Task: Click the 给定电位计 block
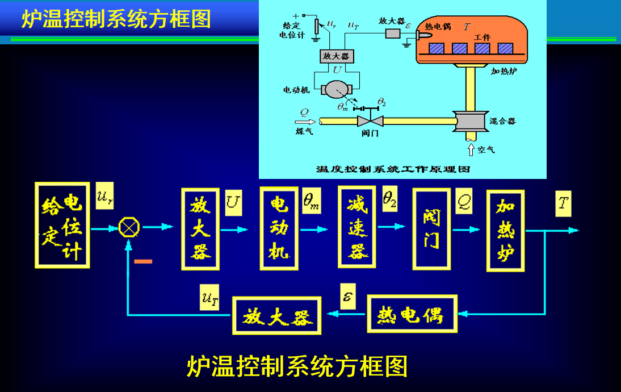pos(62,225)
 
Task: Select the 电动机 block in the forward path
pos(279,228)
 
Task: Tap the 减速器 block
pos(356,226)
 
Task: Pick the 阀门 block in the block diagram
pos(431,228)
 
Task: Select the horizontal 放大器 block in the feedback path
pos(277,316)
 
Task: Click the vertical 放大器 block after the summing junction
pos(200,228)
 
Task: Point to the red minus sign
pos(144,261)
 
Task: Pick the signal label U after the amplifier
pos(233,202)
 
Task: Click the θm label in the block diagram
pos(312,201)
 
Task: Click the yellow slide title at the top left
pos(116,19)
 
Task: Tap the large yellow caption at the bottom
pos(297,366)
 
